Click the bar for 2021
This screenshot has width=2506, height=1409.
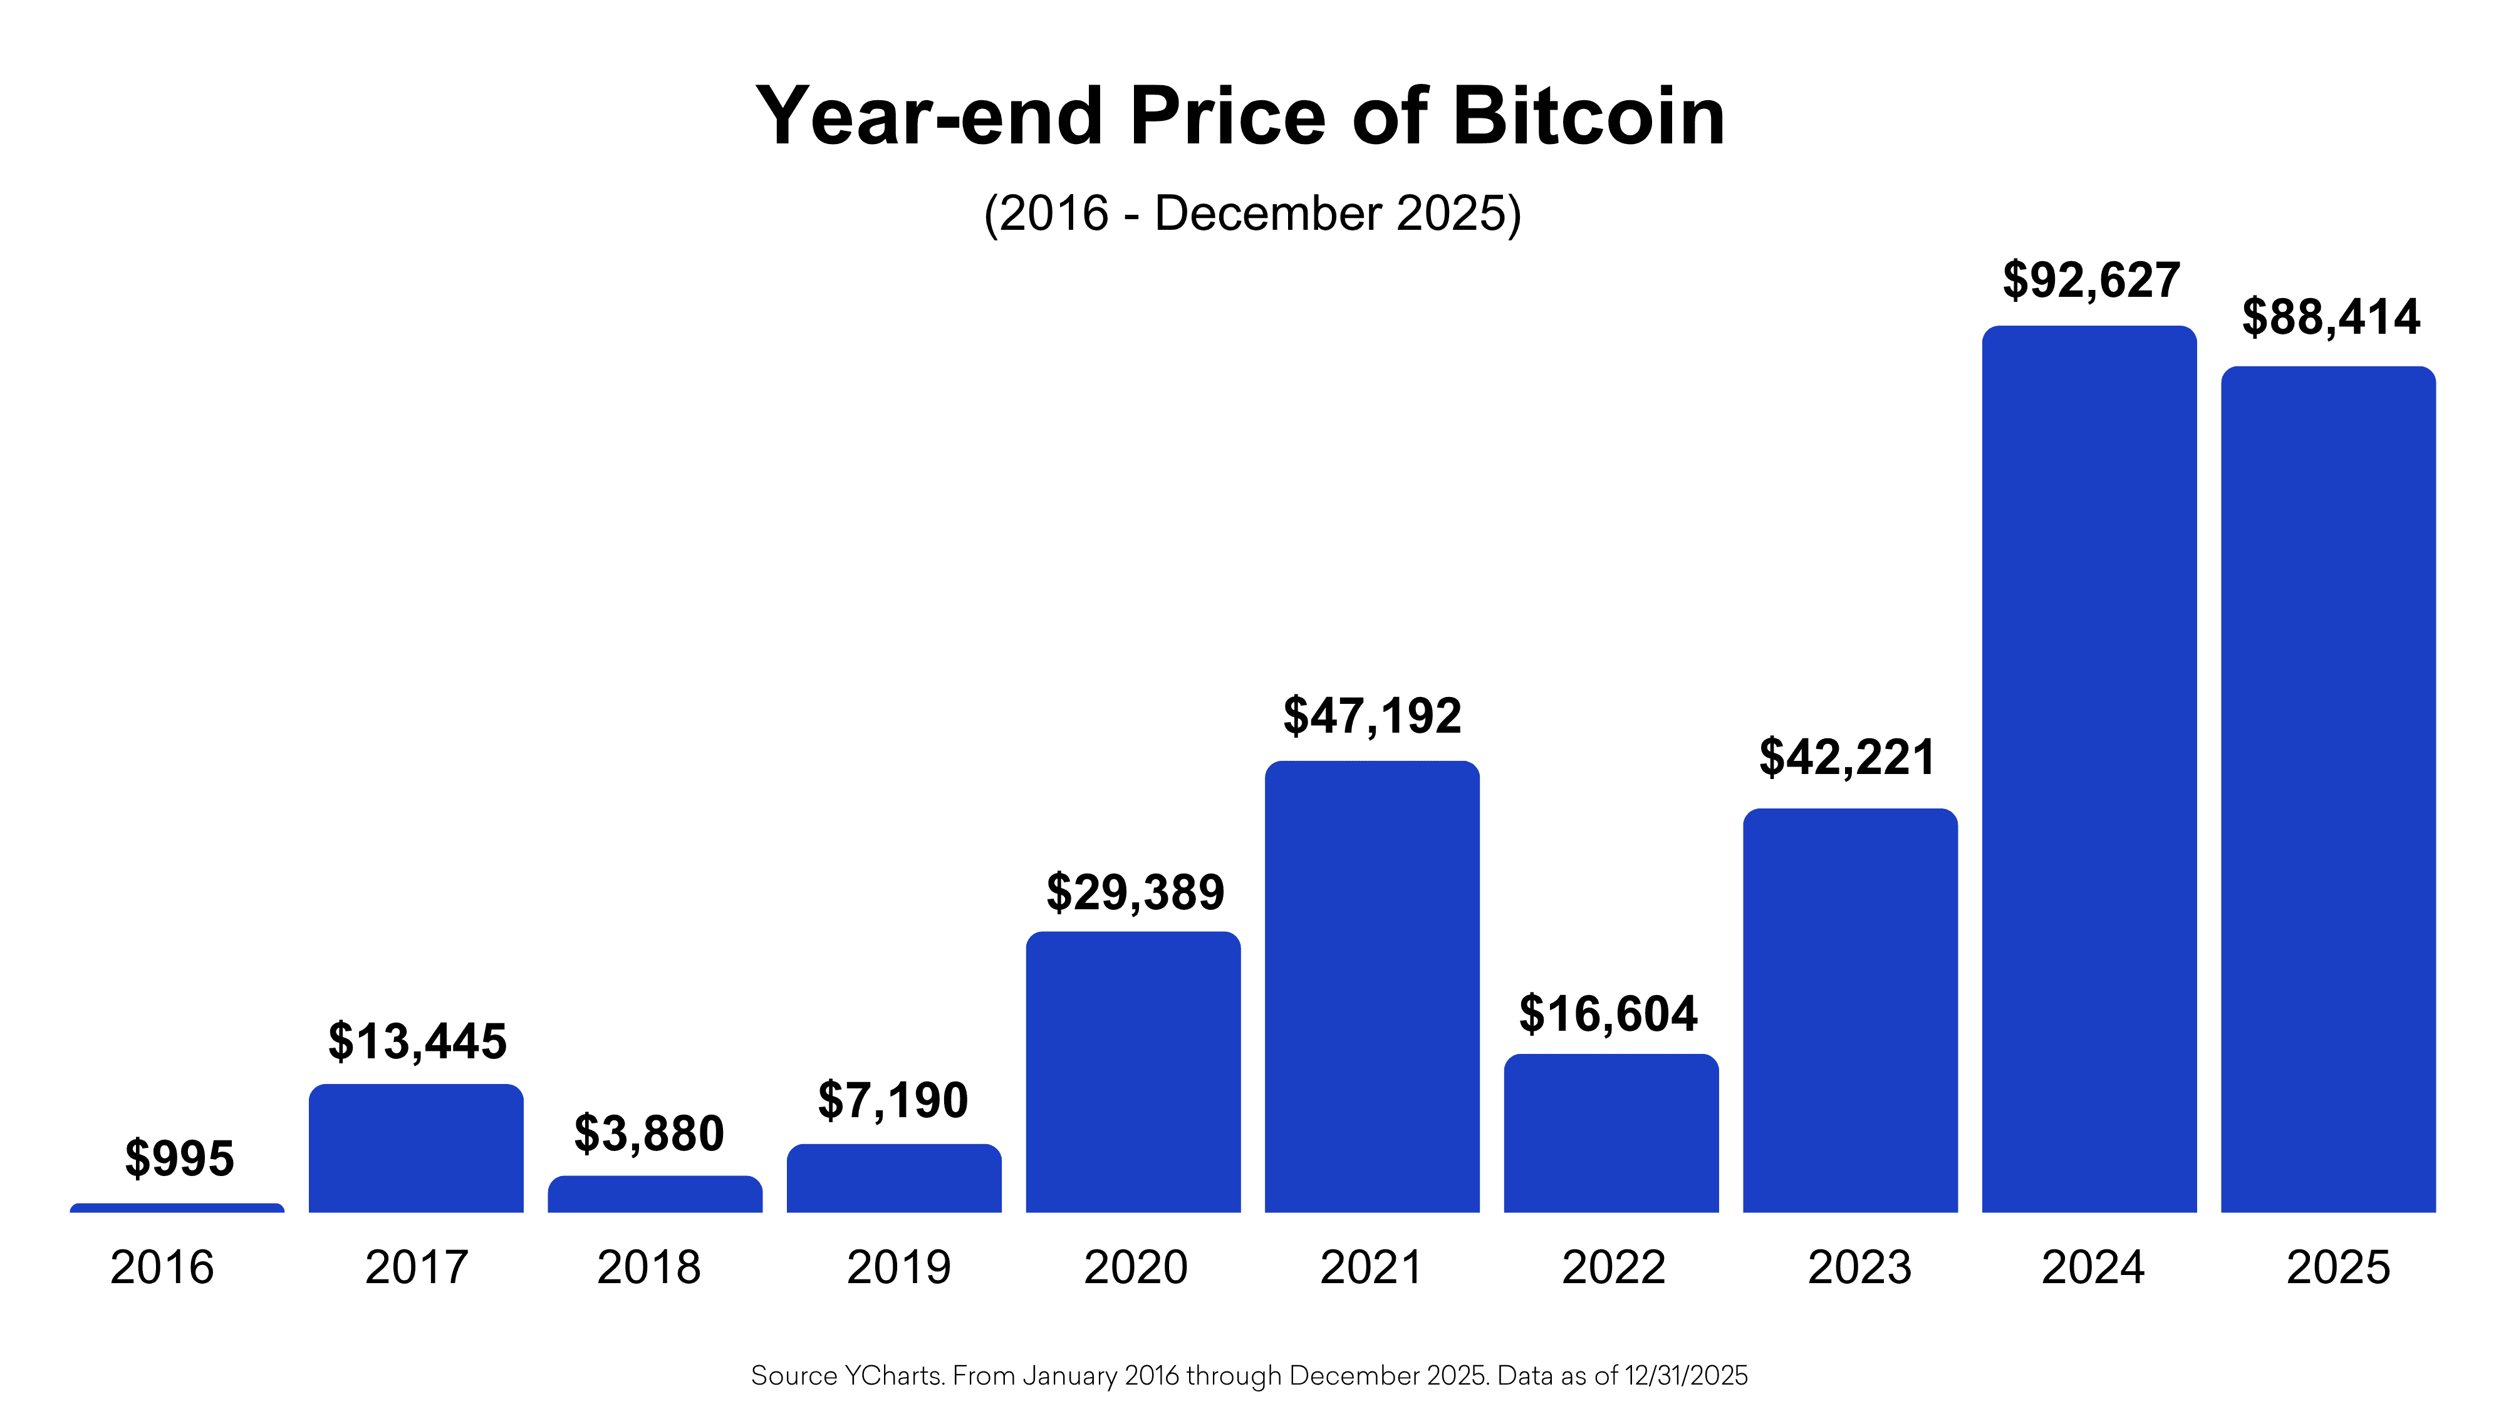coord(1371,987)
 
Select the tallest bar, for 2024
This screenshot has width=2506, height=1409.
coord(2089,768)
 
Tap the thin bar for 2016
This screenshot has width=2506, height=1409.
coord(177,1208)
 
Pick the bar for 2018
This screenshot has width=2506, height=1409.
coord(655,1194)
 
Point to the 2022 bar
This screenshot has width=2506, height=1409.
coord(1611,1133)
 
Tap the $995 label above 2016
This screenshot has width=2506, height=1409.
coord(180,1158)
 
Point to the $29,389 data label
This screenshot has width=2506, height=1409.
coord(1135,892)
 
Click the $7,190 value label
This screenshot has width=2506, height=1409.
coord(893,1100)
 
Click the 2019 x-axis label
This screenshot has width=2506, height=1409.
coord(898,1267)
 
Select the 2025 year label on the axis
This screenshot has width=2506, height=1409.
coord(2337,1267)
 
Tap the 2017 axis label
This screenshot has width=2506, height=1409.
coord(417,1267)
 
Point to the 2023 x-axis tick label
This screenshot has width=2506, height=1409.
coord(1859,1267)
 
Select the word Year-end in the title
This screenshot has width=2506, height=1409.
coord(929,116)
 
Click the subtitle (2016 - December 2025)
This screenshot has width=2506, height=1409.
coord(1252,213)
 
